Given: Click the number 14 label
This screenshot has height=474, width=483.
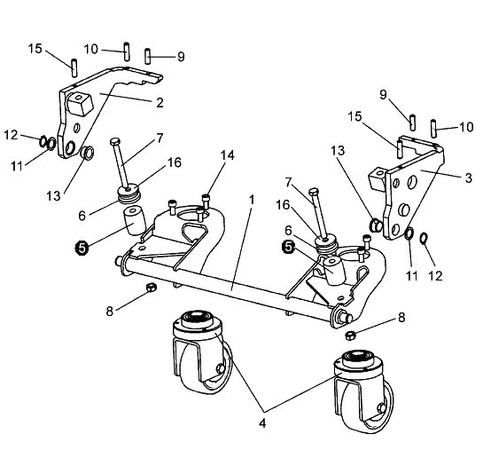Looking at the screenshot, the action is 227,155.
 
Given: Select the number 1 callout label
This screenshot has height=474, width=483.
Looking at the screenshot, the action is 252,201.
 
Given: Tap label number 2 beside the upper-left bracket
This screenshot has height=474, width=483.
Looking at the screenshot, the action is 160,102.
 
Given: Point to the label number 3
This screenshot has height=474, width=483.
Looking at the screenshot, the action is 468,178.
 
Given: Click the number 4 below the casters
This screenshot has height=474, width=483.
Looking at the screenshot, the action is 262,423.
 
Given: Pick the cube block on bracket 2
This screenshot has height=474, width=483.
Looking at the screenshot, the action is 79,104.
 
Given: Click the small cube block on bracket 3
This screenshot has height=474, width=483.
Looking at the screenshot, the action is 376,178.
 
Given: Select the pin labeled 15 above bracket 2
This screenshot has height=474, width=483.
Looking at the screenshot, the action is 74,67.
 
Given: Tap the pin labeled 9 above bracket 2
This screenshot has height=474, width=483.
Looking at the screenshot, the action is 147,57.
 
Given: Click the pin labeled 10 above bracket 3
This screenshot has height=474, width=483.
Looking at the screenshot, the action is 433,129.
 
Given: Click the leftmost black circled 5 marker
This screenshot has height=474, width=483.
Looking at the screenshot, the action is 82,248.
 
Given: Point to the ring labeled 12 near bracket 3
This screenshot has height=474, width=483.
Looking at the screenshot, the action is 425,238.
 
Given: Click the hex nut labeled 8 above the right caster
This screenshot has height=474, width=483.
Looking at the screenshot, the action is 350,336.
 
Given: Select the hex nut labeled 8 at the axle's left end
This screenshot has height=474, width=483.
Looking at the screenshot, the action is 151,288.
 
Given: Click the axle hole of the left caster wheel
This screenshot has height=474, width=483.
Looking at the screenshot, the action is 220,367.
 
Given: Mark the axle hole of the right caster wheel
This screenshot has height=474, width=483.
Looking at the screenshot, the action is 383,407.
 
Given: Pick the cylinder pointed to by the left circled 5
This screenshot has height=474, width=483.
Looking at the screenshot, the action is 135,221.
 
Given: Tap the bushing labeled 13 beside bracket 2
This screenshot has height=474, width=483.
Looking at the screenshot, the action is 87,153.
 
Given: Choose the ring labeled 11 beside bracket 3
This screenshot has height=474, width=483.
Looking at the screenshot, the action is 409,233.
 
